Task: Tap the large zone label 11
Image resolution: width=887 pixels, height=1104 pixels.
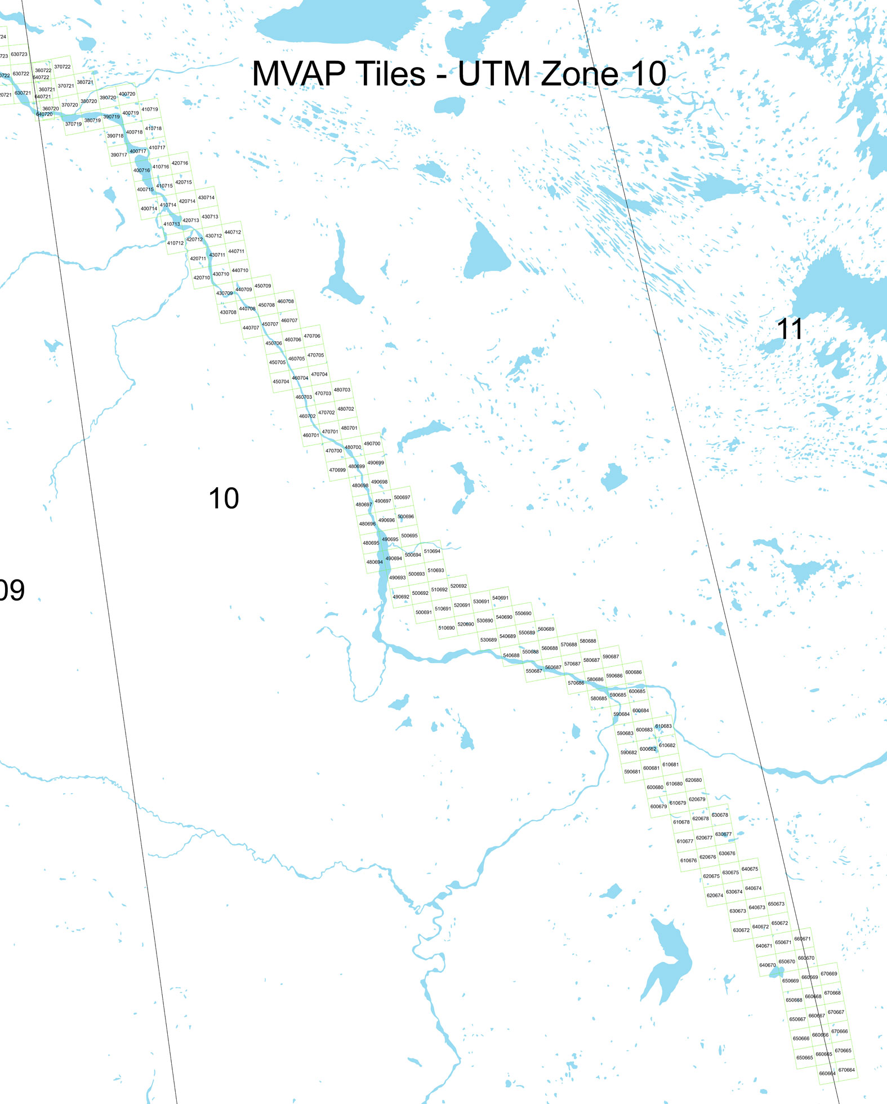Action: point(789,329)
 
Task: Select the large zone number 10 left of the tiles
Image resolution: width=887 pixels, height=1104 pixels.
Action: point(224,498)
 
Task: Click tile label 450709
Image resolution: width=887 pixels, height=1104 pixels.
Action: point(262,286)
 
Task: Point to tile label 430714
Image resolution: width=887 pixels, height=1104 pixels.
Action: point(206,198)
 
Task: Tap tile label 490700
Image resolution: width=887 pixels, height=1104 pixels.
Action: point(372,444)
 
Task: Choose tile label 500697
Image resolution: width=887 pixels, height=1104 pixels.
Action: point(402,497)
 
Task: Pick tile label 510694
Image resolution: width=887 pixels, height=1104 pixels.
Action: point(432,551)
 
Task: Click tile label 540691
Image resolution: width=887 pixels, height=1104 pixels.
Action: point(500,598)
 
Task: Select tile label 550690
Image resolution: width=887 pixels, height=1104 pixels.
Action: point(523,613)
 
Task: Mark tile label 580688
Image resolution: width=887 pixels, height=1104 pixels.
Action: point(587,641)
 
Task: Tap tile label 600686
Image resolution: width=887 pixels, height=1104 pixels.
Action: point(633,672)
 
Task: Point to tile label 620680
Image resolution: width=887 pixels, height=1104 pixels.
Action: point(693,780)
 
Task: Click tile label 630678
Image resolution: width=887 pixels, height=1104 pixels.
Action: point(720,815)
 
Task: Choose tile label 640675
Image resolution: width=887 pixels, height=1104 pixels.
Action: point(750,869)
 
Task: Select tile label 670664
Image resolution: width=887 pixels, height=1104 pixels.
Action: point(846,1070)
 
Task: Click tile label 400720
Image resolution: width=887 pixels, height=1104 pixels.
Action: point(127,94)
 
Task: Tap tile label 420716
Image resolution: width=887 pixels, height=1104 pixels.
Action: point(180,163)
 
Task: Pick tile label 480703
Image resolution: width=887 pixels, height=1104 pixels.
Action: point(342,390)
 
